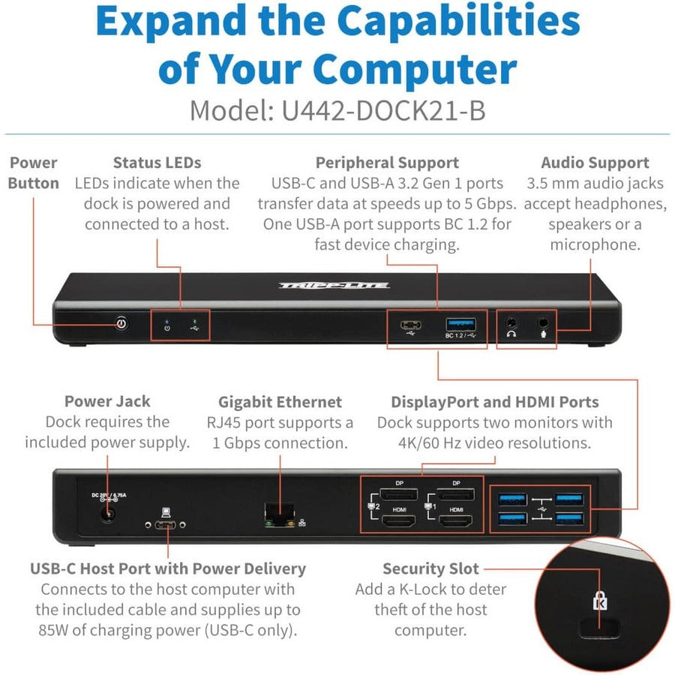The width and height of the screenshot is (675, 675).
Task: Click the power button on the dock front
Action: [121, 324]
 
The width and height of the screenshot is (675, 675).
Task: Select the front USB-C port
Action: [409, 325]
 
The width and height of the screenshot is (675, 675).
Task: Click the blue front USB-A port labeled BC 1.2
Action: [460, 324]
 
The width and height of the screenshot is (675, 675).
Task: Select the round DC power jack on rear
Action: [108, 514]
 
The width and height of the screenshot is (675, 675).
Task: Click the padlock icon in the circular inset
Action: [599, 600]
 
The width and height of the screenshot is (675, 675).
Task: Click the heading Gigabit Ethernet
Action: [280, 402]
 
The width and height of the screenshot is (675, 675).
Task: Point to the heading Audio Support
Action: [595, 163]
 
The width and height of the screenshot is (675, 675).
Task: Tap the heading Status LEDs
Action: [157, 163]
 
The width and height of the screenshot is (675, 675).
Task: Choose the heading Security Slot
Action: [430, 569]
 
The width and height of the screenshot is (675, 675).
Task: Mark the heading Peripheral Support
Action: [387, 163]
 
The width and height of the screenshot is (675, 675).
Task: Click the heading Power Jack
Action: [106, 402]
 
